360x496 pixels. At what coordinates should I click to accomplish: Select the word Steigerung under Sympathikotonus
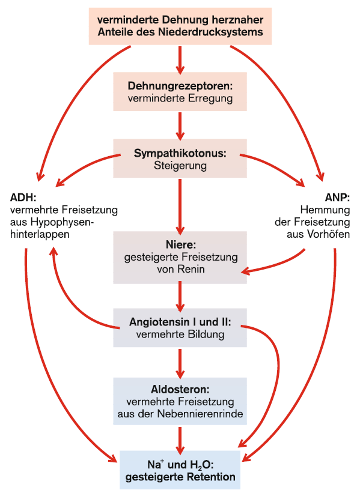180,166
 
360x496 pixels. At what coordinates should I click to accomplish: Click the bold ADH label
23,198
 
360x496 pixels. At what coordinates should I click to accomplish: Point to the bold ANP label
337,198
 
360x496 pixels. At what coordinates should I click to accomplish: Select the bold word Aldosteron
180,389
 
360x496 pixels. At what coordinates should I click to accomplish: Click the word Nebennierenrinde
200,414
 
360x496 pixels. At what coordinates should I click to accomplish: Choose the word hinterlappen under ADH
40,234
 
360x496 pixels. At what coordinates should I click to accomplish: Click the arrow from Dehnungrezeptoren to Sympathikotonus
180,126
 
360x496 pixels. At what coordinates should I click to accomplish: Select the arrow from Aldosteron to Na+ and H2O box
180,441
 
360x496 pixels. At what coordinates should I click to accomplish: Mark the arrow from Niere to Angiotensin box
180,297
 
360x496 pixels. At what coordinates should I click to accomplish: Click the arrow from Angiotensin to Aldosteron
180,364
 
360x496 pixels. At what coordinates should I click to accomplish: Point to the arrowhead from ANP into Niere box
246,271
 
